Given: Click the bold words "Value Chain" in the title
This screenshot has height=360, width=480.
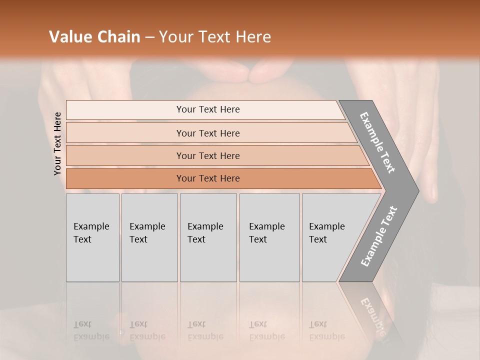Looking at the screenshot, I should click(94, 37).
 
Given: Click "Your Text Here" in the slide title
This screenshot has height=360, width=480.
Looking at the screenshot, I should click(215, 37).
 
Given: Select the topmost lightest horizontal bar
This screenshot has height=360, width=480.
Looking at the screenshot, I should click(208, 109).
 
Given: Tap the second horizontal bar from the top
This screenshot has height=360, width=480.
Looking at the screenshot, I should click(208, 133).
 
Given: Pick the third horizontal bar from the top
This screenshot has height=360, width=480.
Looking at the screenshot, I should click(208, 155).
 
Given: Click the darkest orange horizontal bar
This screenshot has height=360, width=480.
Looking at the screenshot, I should click(208, 178).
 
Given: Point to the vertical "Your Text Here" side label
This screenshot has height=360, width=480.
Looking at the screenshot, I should click(57, 144).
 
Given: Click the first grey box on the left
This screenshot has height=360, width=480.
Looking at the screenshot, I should click(92, 237).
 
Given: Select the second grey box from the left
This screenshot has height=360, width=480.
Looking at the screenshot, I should click(149, 237).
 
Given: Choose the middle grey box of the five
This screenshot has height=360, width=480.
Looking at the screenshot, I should click(208, 237).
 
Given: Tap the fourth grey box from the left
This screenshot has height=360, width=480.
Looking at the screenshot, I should click(269, 237).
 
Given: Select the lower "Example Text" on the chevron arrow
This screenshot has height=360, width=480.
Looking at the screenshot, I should click(378, 236).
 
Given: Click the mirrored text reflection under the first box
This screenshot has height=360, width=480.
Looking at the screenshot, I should click(91, 330).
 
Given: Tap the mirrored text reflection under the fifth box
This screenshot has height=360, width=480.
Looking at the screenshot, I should click(327, 330).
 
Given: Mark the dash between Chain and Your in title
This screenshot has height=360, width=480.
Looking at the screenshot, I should click(149, 37).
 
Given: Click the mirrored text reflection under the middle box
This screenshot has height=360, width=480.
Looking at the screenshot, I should click(205, 330).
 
